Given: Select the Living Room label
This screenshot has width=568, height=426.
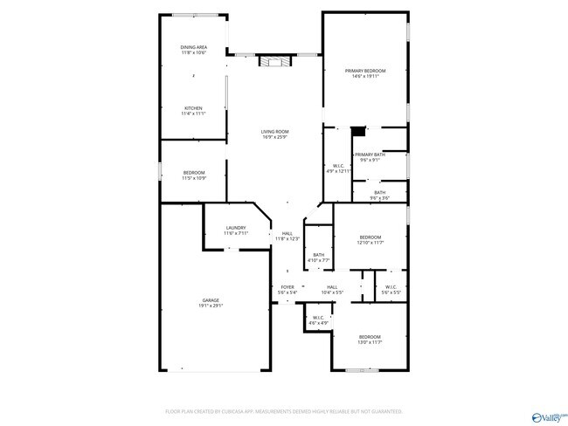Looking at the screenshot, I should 274,134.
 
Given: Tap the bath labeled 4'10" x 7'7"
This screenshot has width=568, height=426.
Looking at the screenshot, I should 319,258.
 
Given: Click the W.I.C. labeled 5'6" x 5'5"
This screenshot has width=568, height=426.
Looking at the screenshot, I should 391,289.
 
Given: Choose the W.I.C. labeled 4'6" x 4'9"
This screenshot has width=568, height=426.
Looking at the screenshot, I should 318,320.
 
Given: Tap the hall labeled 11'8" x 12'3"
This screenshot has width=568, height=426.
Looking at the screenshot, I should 287,236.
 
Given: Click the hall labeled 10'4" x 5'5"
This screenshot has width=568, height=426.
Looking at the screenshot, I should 332,289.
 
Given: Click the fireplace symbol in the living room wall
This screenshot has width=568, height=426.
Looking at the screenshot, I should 274,61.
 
